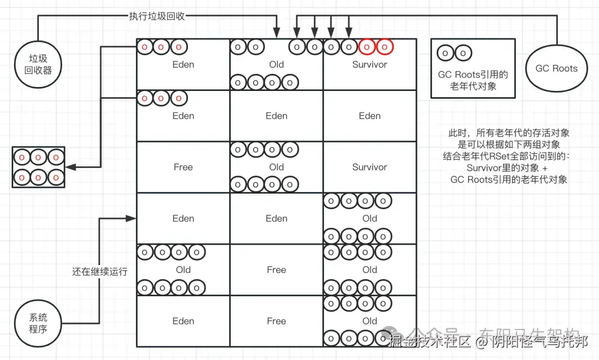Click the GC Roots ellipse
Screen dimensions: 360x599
[x=556, y=68]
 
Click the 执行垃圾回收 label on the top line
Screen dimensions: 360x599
[x=153, y=16]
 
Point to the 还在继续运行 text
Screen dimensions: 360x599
[x=100, y=271]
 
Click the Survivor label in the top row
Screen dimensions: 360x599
[x=369, y=64]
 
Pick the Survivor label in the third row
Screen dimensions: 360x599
[x=369, y=167]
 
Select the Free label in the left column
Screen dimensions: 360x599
[x=183, y=167]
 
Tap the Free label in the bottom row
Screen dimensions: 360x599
[x=276, y=321]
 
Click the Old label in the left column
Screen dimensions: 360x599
[x=183, y=270]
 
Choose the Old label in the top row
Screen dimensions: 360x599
[x=276, y=64]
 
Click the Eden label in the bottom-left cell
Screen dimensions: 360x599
[x=183, y=321]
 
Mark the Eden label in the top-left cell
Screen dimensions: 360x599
[x=183, y=64]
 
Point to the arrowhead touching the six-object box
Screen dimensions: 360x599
[x=70, y=167]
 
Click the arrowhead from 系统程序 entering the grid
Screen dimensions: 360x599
[x=133, y=219]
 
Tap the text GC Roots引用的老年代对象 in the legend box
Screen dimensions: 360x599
[x=473, y=80]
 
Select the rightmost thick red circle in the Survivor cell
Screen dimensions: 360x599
[x=385, y=47]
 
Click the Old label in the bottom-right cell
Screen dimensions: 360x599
[x=369, y=321]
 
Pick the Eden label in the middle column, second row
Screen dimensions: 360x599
[x=276, y=116]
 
